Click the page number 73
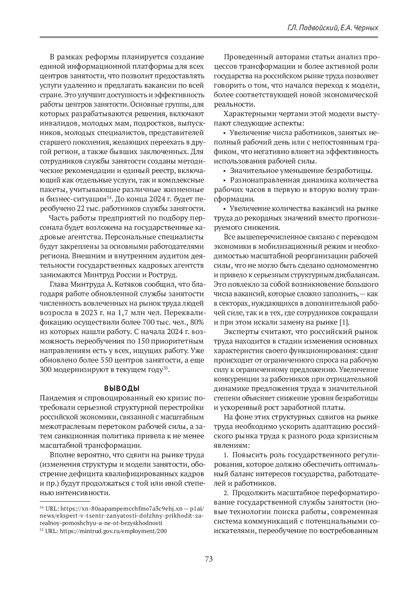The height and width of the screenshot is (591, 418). pos(209,559)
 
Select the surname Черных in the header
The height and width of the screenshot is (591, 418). pos(365,28)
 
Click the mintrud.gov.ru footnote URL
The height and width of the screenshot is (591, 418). pos(113,531)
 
